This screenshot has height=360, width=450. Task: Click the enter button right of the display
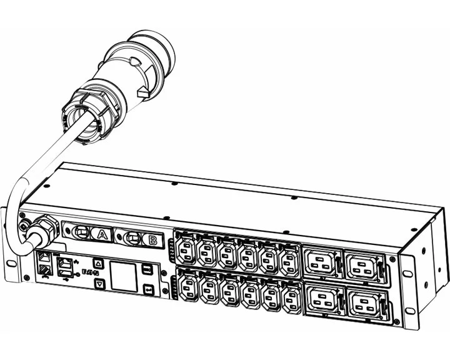148,289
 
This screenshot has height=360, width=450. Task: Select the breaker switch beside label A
81,232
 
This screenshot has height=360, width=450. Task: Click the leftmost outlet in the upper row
187,251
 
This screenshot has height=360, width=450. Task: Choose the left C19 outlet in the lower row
321,301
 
